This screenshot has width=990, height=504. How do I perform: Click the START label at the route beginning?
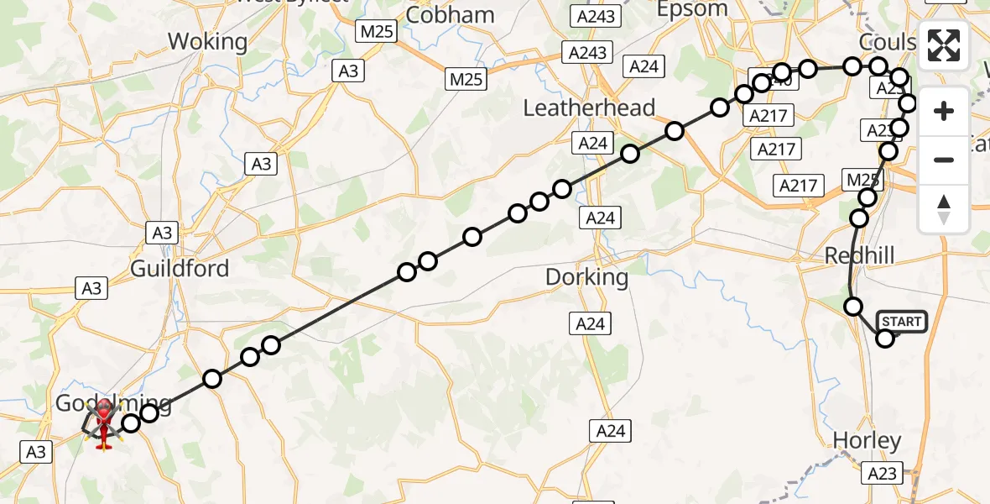902,322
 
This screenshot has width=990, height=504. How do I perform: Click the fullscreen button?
944,45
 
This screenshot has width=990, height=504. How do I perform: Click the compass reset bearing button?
944,209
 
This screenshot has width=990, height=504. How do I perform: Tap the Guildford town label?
180,269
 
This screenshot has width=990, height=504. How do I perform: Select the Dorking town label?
586,276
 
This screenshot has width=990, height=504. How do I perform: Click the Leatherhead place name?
589,108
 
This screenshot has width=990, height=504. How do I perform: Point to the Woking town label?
207,41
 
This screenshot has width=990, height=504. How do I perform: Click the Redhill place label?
860,255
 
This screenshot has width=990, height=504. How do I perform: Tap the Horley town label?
867,440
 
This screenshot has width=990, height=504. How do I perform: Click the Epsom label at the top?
692,9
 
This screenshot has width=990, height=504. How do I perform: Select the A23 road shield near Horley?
882,474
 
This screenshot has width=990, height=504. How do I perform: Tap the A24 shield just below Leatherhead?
592,143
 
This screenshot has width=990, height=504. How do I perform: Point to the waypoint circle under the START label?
885,339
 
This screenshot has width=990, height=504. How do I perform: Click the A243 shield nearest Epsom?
596,16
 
